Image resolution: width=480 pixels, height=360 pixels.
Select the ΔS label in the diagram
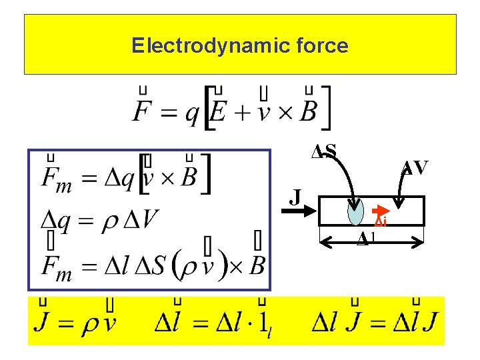(324, 151)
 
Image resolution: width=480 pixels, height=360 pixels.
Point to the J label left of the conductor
(296, 197)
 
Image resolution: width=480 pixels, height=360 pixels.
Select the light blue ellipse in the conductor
(357, 213)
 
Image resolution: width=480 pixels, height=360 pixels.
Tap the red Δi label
(381, 222)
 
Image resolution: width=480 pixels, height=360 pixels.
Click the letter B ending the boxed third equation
(256, 265)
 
